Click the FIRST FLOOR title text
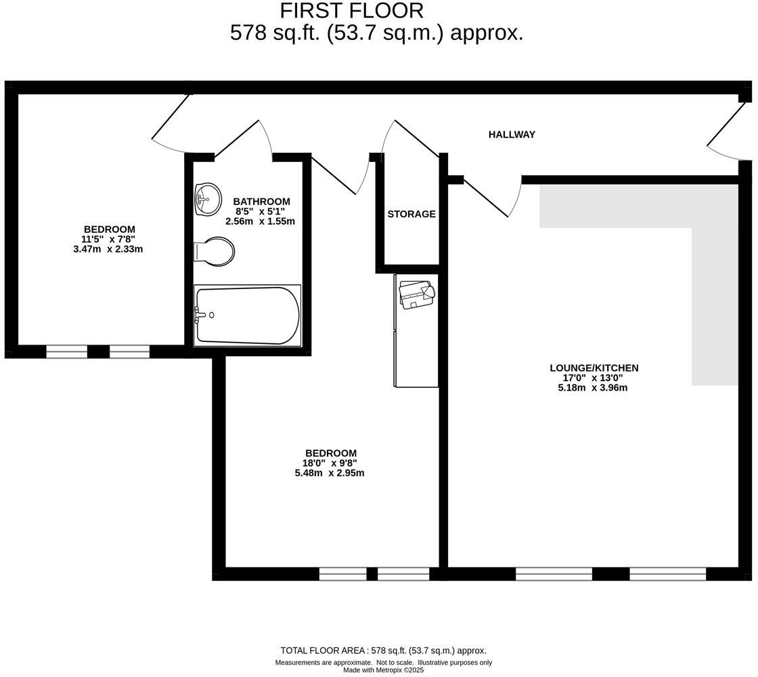click(x=351, y=11)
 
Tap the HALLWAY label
click(x=512, y=135)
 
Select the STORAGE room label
click(x=411, y=214)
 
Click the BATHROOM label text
click(x=261, y=202)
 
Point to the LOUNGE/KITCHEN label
click(x=594, y=368)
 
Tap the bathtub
click(x=247, y=315)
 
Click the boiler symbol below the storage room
click(x=416, y=294)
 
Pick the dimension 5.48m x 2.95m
click(x=330, y=473)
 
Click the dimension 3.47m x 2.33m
click(x=108, y=249)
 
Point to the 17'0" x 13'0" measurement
click(x=593, y=378)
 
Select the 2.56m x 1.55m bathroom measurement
click(x=260, y=221)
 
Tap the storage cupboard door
click(x=409, y=139)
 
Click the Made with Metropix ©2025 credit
click(x=383, y=670)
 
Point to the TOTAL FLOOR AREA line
click(x=383, y=651)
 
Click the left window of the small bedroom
click(x=66, y=351)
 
